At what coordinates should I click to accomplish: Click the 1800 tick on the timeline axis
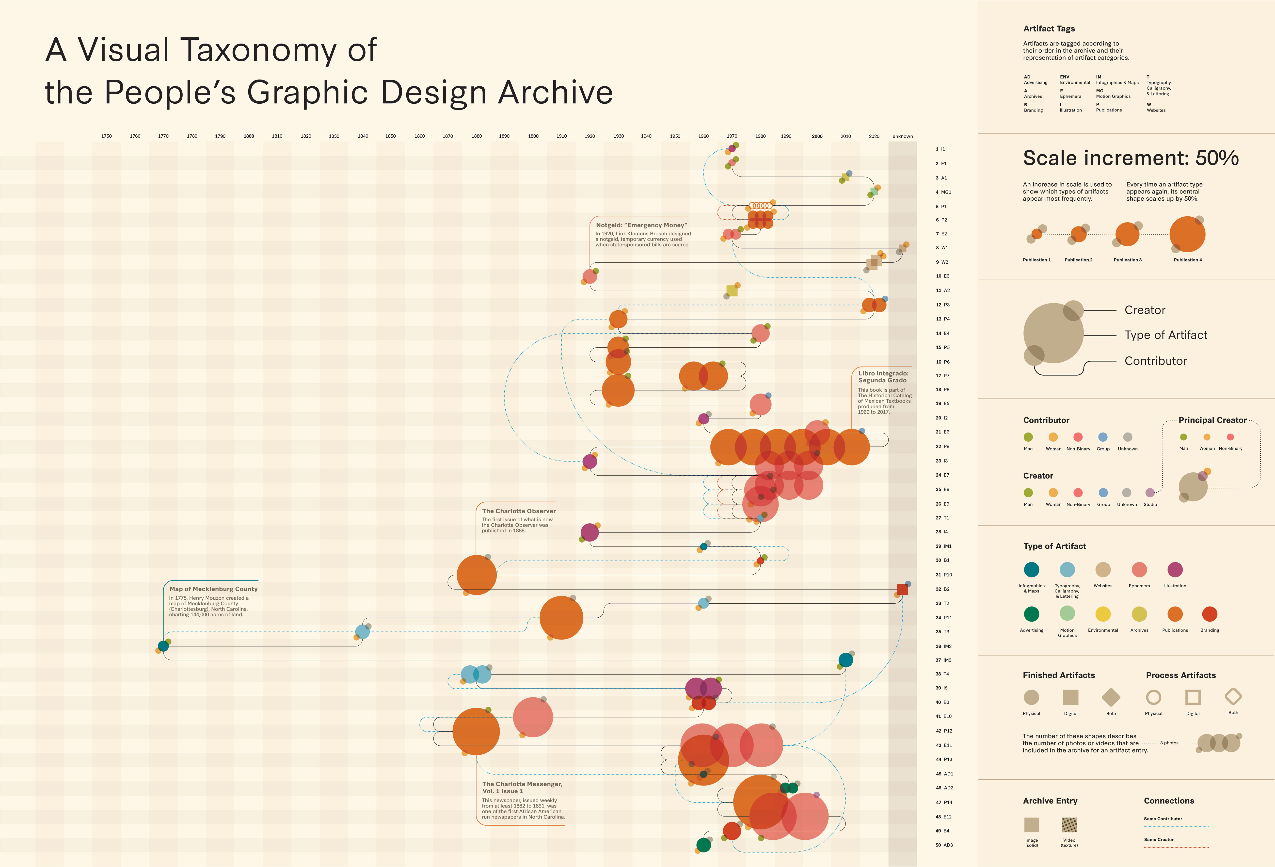click(x=249, y=136)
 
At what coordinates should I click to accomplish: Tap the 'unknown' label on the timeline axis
click(x=903, y=136)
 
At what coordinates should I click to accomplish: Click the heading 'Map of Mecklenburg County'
click(x=213, y=589)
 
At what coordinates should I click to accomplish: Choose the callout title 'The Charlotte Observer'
click(x=518, y=511)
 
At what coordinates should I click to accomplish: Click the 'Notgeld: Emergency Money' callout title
click(x=641, y=225)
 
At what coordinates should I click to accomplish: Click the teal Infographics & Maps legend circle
click(x=1031, y=570)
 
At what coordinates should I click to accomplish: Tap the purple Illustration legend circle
click(x=1175, y=570)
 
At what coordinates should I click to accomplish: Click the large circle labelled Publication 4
click(x=1187, y=234)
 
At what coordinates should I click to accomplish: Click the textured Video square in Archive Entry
click(x=1069, y=825)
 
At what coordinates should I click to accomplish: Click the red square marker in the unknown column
click(x=902, y=589)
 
